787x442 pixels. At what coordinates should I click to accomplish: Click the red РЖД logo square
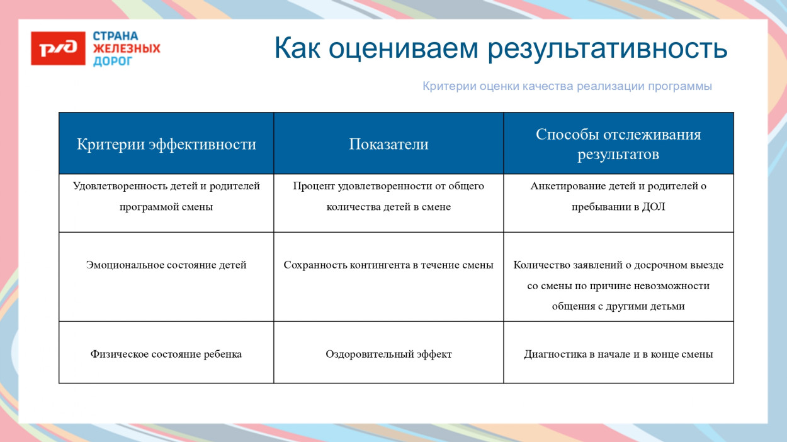(58, 49)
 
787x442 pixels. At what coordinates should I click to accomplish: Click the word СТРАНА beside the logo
(115, 36)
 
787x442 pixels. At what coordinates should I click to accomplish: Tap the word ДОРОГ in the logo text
(113, 61)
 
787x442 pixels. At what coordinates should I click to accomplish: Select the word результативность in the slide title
(608, 48)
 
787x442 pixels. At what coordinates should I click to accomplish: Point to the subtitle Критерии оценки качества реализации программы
(567, 86)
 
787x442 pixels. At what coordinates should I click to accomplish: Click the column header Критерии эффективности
(166, 144)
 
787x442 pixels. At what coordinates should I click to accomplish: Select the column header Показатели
(388, 144)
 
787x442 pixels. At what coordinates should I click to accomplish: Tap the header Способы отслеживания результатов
(618, 144)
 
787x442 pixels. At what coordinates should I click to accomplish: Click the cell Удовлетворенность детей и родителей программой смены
(166, 196)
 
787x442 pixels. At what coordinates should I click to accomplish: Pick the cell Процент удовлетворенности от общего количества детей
(388, 196)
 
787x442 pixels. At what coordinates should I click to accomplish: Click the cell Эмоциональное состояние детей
(166, 265)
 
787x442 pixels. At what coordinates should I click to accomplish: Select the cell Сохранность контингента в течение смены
(388, 265)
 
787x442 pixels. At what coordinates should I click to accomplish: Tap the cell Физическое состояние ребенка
(166, 354)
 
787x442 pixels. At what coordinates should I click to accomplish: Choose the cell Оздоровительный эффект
(388, 354)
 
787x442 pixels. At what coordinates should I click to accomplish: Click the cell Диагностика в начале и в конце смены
(618, 354)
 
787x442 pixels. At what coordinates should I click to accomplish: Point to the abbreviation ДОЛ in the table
(654, 207)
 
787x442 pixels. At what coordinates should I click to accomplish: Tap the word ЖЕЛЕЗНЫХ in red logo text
(127, 48)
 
